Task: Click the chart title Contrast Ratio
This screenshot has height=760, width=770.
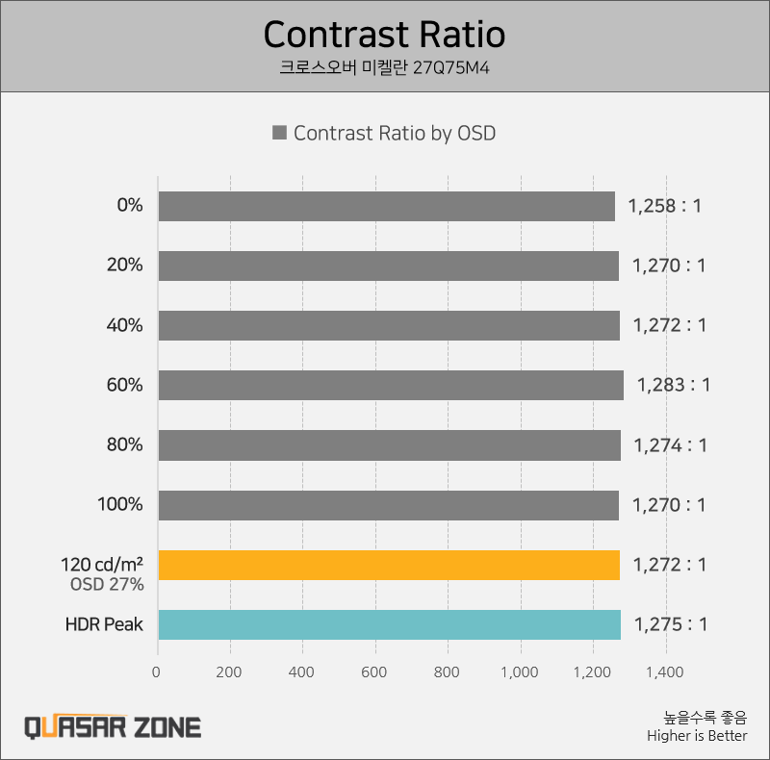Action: (x=384, y=35)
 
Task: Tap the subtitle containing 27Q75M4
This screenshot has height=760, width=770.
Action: (x=384, y=68)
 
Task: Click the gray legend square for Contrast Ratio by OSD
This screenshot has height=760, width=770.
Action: (x=280, y=134)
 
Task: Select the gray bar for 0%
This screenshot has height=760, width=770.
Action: (x=386, y=206)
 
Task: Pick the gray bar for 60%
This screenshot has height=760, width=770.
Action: (x=390, y=385)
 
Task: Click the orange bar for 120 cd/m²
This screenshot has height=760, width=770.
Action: (x=388, y=565)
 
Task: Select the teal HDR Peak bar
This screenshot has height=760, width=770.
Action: (x=389, y=624)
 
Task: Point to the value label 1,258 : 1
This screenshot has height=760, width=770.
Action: (x=664, y=206)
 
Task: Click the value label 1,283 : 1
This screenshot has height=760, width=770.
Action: (x=673, y=385)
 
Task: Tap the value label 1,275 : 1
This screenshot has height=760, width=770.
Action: (x=670, y=624)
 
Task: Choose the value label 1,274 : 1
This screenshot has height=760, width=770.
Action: (x=670, y=445)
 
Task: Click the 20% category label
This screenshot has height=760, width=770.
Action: (x=124, y=266)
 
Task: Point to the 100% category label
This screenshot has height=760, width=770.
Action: (x=120, y=505)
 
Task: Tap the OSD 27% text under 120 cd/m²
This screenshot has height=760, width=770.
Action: (x=107, y=584)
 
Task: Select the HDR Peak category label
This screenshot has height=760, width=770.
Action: (x=104, y=624)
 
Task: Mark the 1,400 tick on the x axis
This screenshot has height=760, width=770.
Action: (x=665, y=672)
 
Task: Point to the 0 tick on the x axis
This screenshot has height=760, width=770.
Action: (x=157, y=672)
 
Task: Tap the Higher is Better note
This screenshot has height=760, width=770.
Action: (x=697, y=736)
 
